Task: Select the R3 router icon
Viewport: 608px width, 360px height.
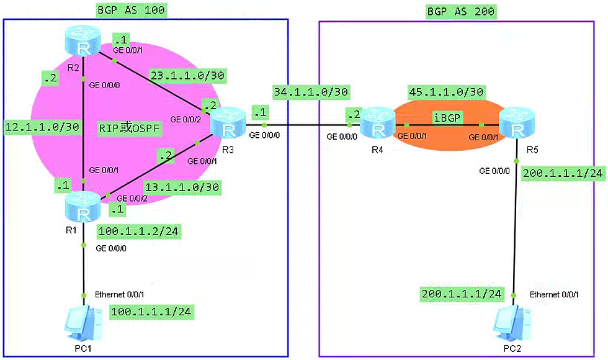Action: [x=228, y=122]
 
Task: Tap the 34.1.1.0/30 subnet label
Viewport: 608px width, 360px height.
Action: [x=311, y=92]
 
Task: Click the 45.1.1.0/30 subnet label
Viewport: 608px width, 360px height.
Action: [x=446, y=92]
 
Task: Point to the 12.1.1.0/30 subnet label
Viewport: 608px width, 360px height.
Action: [x=42, y=127]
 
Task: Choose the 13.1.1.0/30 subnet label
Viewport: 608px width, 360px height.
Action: [x=181, y=186]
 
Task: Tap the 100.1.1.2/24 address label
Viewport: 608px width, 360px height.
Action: [x=138, y=232]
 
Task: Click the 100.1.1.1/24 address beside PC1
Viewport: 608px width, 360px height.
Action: [x=151, y=311]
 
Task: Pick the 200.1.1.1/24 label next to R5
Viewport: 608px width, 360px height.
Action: [x=563, y=174]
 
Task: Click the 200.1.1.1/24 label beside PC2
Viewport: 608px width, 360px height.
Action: [x=461, y=294]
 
